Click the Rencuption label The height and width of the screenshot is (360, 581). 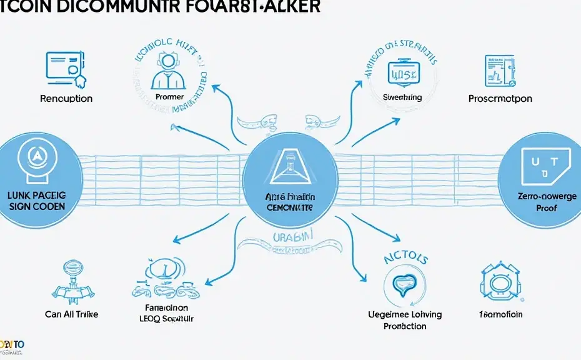(66, 99)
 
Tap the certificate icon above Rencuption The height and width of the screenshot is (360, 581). (66, 69)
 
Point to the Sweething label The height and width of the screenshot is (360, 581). (402, 97)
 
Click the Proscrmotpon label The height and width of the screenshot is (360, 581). (500, 99)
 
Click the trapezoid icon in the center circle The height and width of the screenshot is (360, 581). (290, 162)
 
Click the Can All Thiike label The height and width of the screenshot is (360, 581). (71, 314)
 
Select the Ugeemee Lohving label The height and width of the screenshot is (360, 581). (405, 315)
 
